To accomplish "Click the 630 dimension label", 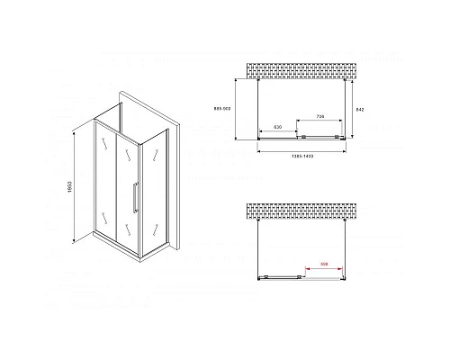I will click(x=279, y=128).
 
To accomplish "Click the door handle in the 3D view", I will click(x=134, y=197).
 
